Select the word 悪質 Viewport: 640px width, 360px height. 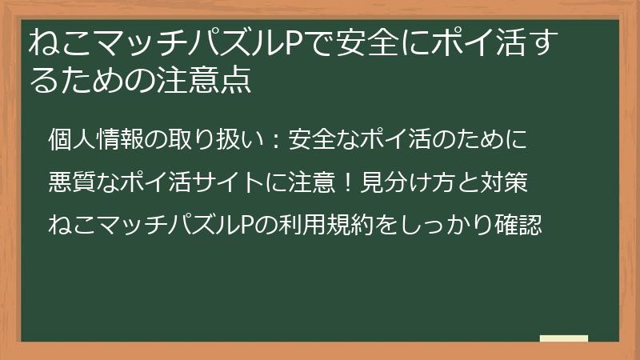tap(64, 182)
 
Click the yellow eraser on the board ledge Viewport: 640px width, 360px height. tap(564, 338)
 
